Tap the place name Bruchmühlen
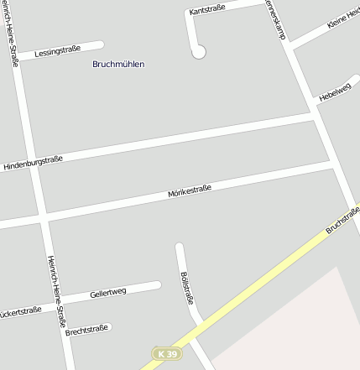[x=118, y=64]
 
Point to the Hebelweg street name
[x=333, y=93]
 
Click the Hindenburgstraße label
[x=33, y=163]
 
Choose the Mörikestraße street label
[x=189, y=192]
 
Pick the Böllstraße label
[x=186, y=288]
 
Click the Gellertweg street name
[x=108, y=294]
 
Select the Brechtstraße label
[x=86, y=330]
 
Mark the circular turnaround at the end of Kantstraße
[x=199, y=52]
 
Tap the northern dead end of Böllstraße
[x=179, y=247]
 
